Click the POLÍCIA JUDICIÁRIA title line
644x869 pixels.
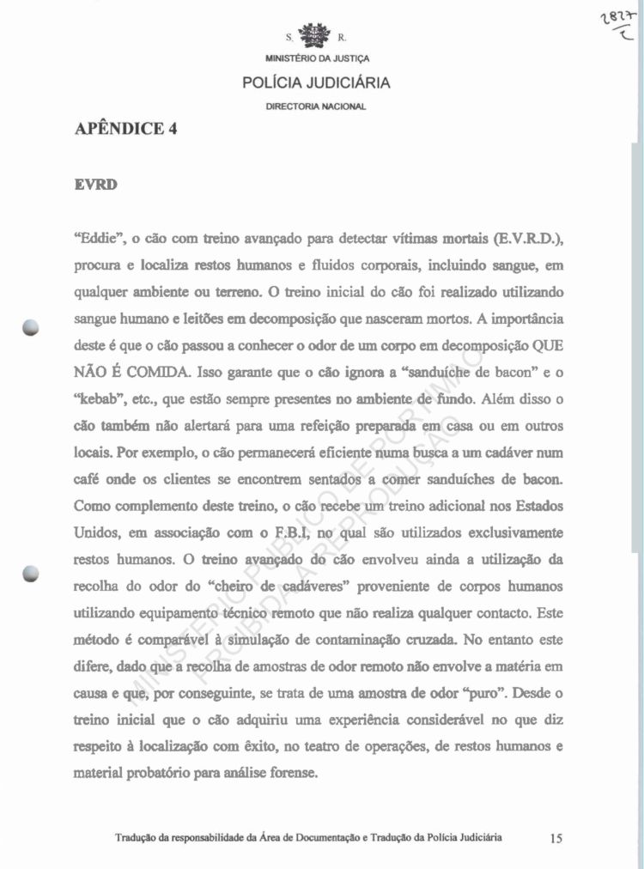tap(316, 83)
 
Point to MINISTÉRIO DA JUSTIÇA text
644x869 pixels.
tap(315, 59)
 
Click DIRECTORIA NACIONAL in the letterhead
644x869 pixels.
tap(316, 106)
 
